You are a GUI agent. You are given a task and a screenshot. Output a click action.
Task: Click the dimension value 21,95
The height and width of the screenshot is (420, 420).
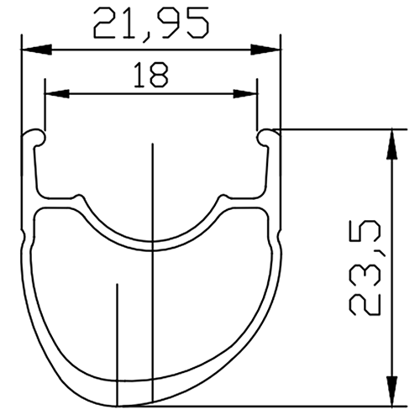point(151,23)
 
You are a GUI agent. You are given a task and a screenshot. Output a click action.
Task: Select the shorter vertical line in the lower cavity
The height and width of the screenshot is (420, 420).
point(118,344)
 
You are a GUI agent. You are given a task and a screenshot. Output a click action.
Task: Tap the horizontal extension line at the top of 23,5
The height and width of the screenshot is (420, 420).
point(336,130)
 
